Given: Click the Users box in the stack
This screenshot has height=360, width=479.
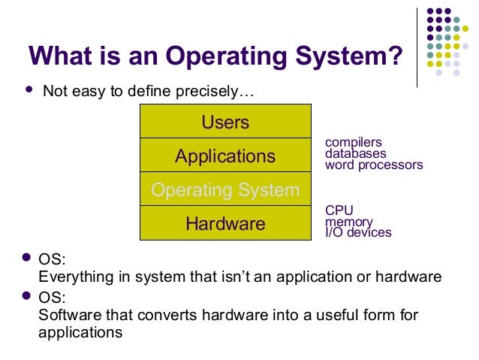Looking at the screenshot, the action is coord(225,122).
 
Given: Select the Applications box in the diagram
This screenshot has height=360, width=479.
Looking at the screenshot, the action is coord(225,156).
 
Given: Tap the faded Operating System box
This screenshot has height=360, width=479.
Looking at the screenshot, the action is coord(225,190).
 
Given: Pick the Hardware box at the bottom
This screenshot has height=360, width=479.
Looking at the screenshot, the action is coord(225,223).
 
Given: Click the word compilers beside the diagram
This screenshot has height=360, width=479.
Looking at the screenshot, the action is coord(353,142).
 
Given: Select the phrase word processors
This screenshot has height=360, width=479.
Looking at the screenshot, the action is coord(374,165).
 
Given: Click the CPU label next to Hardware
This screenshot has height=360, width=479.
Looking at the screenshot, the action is coord(339,210).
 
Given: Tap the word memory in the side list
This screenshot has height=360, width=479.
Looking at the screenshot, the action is coord(348,222).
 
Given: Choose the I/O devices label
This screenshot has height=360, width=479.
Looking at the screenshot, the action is coord(358,232).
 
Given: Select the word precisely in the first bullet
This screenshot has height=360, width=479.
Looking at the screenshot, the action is coord(218,93).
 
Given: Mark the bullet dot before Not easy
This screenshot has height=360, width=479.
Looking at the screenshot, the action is coord(29,90).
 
